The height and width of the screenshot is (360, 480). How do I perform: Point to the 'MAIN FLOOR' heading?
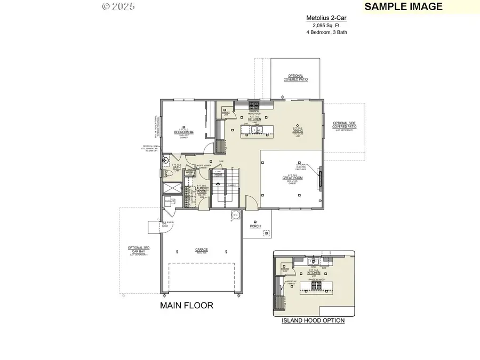(187, 306)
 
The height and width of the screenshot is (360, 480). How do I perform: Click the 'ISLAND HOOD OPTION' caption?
(313, 321)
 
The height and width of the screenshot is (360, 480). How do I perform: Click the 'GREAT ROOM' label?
(293, 178)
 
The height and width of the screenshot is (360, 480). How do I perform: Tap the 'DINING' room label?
(298, 129)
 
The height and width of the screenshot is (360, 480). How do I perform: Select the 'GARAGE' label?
(201, 249)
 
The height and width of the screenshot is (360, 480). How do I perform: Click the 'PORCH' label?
(255, 226)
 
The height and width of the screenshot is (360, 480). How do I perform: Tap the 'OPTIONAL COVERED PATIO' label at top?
(296, 78)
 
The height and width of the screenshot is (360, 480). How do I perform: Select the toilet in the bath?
(166, 174)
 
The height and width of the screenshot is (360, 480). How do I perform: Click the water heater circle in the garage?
(235, 215)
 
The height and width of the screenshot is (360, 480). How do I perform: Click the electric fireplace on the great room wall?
(319, 177)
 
